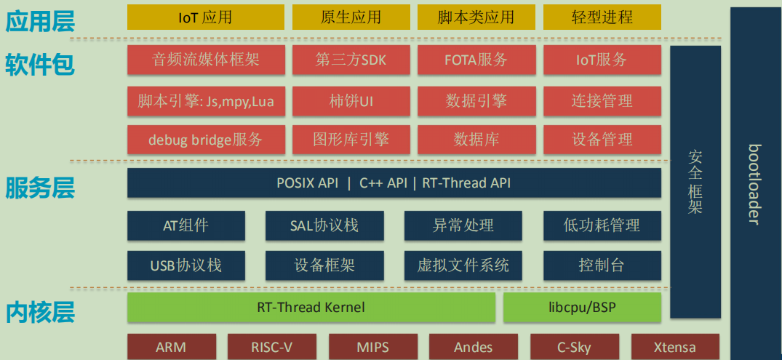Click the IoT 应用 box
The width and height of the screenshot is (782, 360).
(x=206, y=17)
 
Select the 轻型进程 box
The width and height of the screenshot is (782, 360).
(x=602, y=17)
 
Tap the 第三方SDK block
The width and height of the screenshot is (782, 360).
(x=351, y=60)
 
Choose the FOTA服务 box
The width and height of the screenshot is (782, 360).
(x=476, y=60)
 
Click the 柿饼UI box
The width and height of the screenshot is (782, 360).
(x=351, y=101)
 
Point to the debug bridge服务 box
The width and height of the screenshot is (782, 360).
(x=206, y=140)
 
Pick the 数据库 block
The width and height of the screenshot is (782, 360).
(x=476, y=140)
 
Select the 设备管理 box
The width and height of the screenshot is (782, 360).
(x=602, y=140)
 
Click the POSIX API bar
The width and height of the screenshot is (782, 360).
(x=394, y=183)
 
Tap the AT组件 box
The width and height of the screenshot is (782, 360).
(x=185, y=225)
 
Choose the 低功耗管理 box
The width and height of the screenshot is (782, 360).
(x=602, y=225)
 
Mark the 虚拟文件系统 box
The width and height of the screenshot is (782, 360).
(x=463, y=265)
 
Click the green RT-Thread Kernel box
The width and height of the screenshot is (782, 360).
(x=311, y=307)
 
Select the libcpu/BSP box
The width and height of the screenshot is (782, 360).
(x=582, y=307)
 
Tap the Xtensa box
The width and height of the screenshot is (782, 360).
(x=674, y=347)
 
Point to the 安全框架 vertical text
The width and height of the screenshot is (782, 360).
(x=695, y=182)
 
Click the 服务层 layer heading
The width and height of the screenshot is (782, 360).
(x=40, y=189)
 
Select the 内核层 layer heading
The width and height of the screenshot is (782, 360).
(x=40, y=312)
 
